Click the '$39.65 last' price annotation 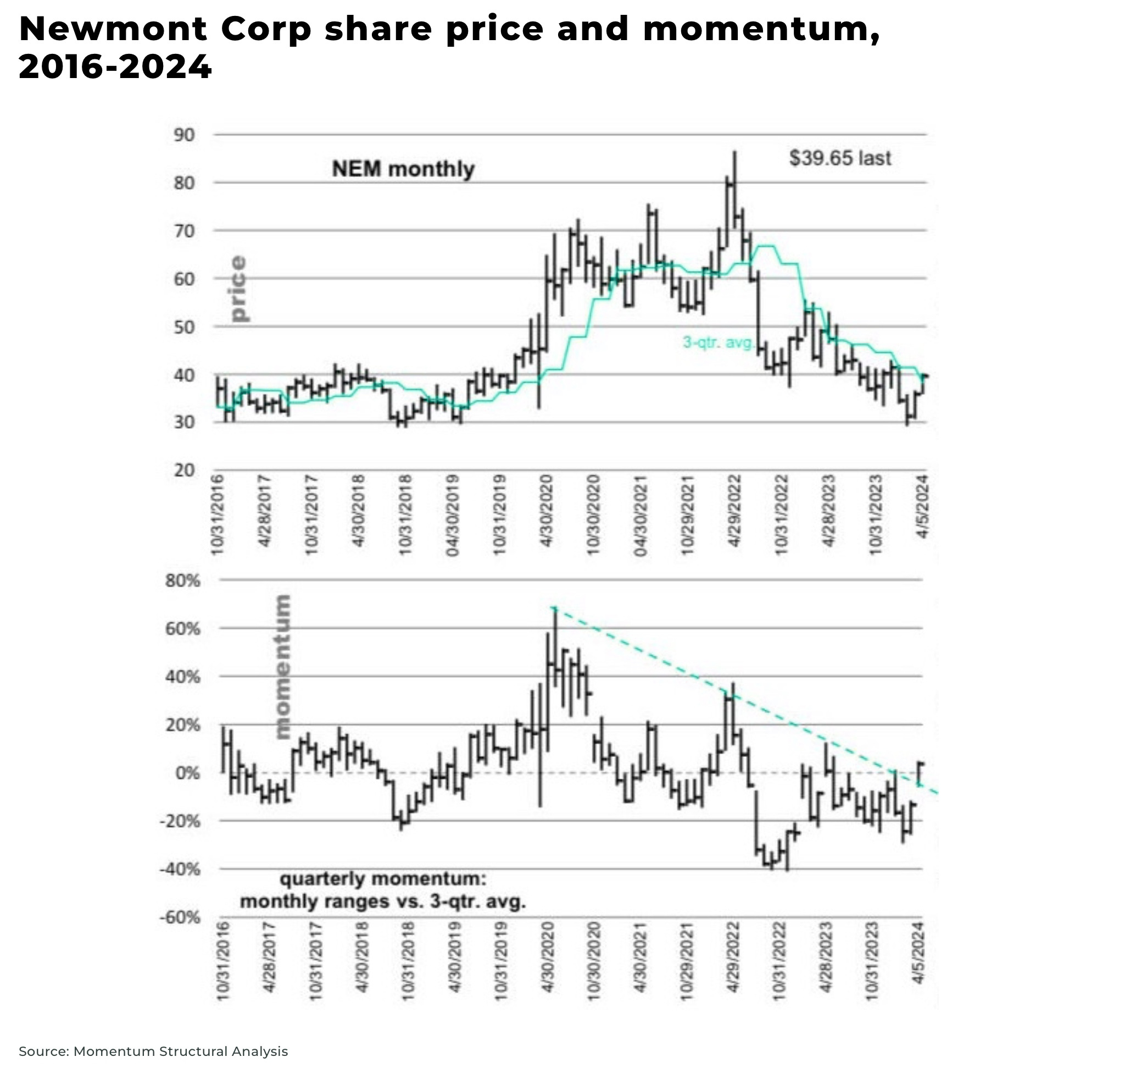[x=840, y=158]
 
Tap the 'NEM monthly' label [x=404, y=169]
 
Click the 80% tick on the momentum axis [x=182, y=580]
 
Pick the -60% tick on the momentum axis [x=180, y=917]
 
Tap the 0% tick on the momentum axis [x=188, y=773]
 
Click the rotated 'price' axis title [x=238, y=289]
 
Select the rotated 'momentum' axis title [x=283, y=667]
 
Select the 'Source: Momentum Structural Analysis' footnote [x=153, y=1052]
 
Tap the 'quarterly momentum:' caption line [x=383, y=879]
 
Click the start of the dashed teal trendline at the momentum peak [x=554, y=608]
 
